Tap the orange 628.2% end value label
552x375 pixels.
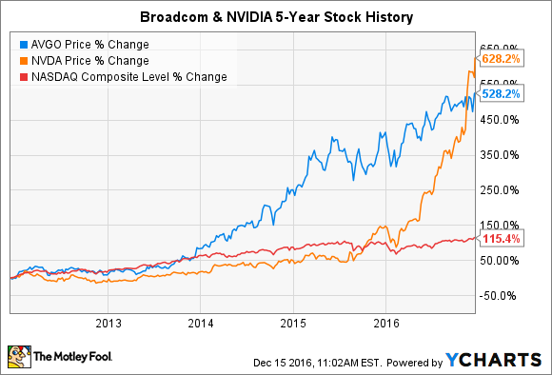click(x=502, y=59)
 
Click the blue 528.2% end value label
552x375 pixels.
click(x=502, y=94)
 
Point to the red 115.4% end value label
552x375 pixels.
click(x=502, y=239)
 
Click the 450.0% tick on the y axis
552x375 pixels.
click(x=499, y=119)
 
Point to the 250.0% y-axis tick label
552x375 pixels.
click(x=499, y=189)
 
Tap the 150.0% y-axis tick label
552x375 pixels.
click(x=499, y=225)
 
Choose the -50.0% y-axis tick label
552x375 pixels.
click(x=499, y=295)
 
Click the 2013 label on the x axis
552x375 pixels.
click(x=108, y=322)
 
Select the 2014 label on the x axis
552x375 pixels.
click(x=201, y=322)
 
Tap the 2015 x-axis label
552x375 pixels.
click(x=293, y=322)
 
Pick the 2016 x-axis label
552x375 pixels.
click(x=385, y=322)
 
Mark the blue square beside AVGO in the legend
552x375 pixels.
click(x=22, y=43)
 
